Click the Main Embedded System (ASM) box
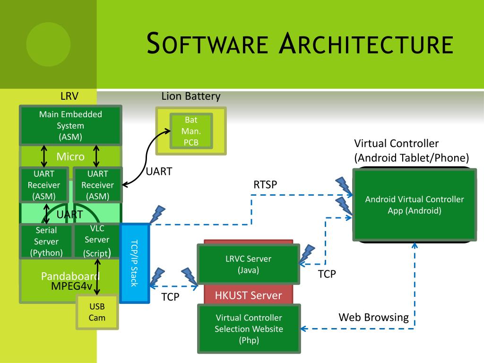tap(70, 126)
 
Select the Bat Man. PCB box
tap(191, 131)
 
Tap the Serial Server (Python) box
tap(46, 242)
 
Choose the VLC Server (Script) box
tap(97, 241)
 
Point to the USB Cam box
tap(97, 312)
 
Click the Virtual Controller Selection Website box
tap(248, 328)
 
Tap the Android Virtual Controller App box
tap(415, 205)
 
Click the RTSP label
tap(265, 185)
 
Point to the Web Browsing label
tap(373, 317)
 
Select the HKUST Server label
tap(248, 296)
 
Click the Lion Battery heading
tap(191, 97)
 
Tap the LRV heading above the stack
tap(69, 97)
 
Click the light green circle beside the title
tap(48, 44)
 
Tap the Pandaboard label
tap(70, 277)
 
